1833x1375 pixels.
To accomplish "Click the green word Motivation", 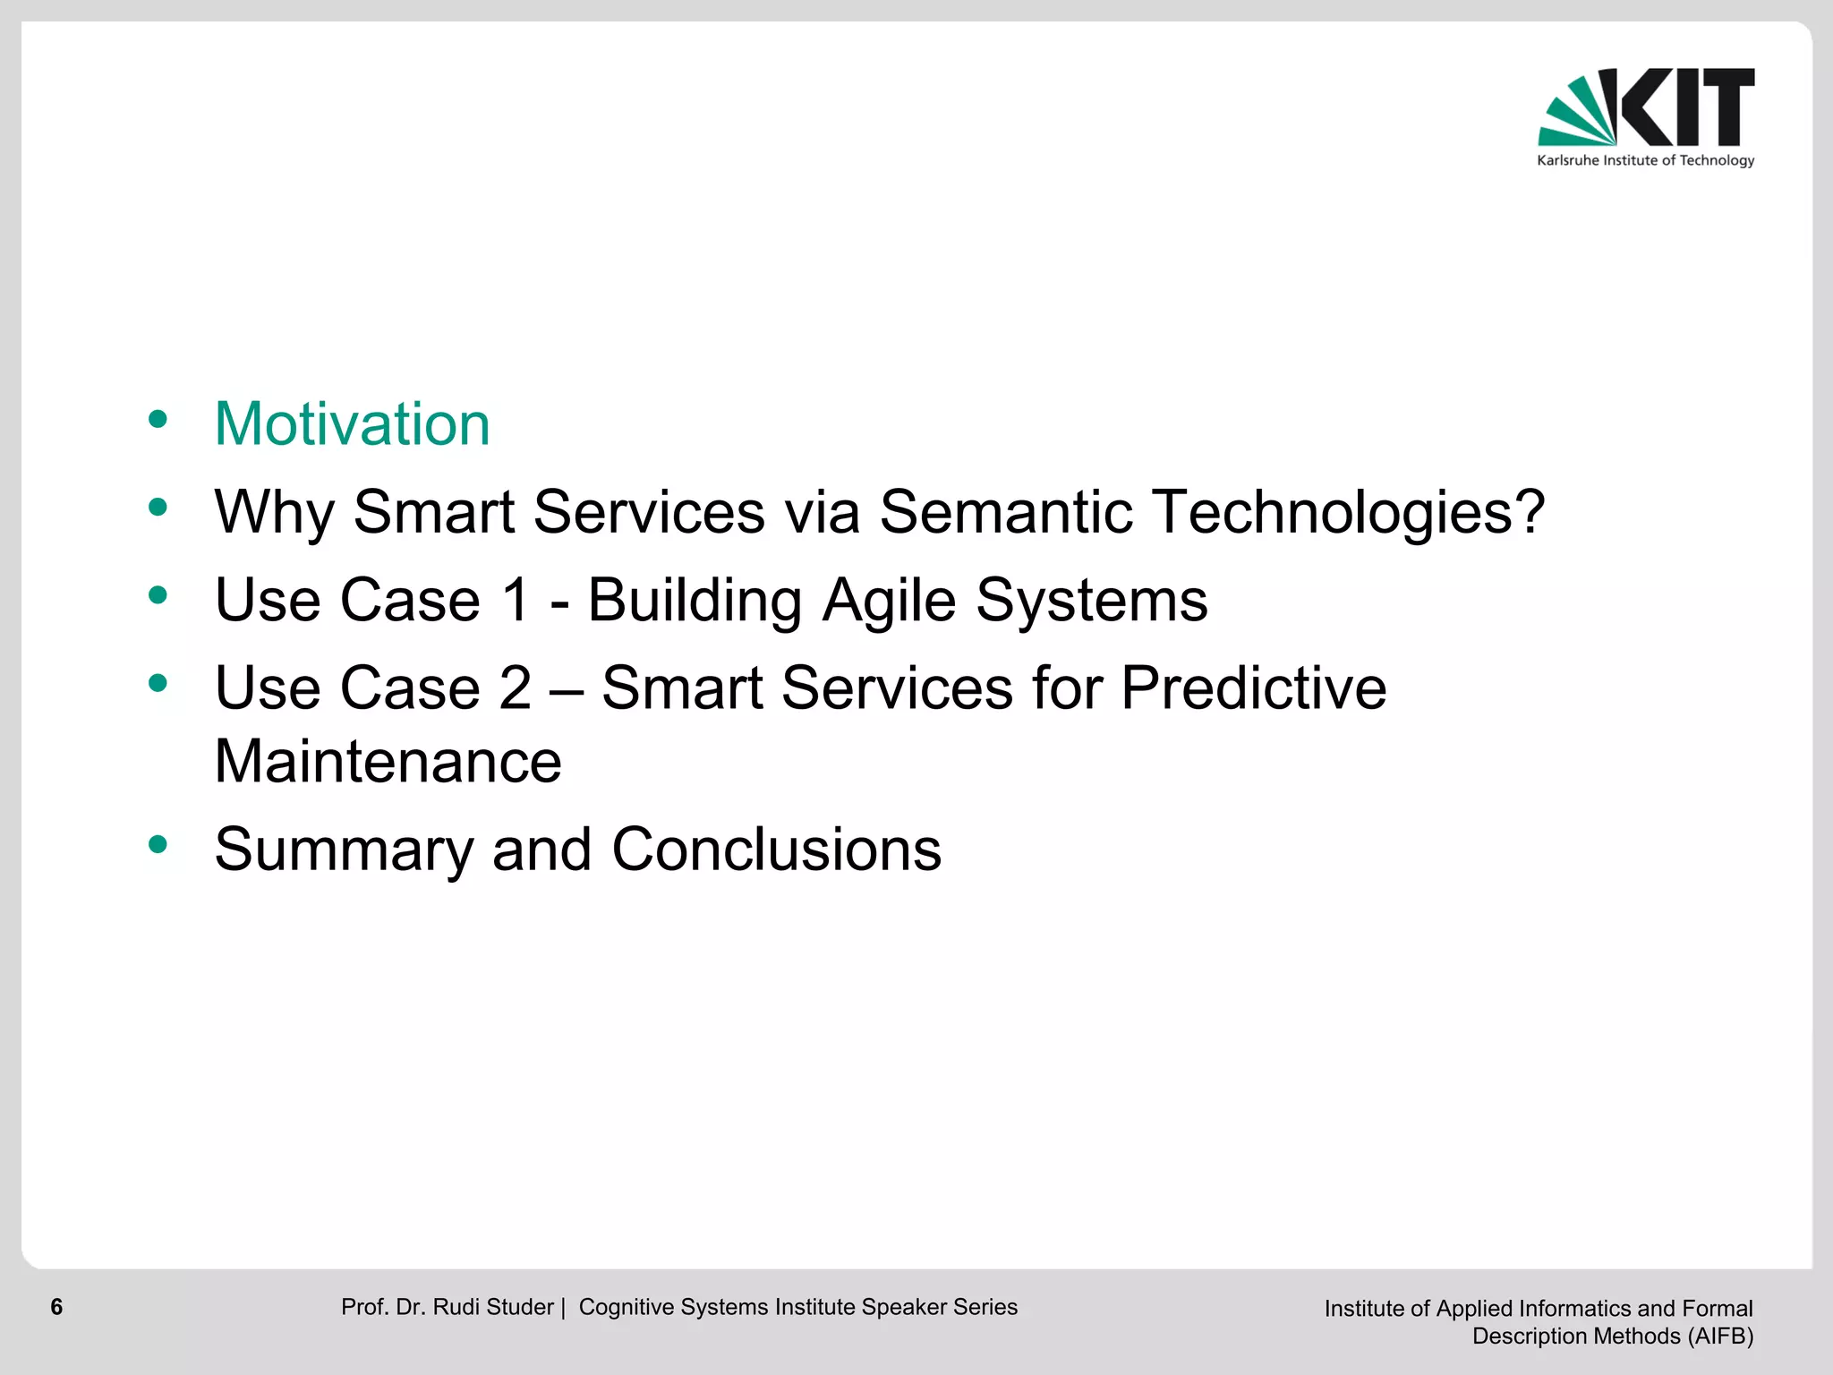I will pos(352,423).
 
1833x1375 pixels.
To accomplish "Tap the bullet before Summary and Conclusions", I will pos(158,843).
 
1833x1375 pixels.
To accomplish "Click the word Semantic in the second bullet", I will pos(1005,512).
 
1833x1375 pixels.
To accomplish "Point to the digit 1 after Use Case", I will pos(516,600).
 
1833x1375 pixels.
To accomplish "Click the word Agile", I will pos(889,602).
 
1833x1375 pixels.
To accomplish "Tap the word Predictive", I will pos(1253,688).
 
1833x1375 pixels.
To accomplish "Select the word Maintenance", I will pos(388,762).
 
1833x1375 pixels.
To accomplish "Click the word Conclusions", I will pos(776,850).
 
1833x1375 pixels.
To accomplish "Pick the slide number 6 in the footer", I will pos(56,1307).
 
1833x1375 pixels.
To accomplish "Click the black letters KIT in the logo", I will pos(1687,107).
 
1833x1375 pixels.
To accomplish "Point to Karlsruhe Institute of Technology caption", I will pos(1645,161).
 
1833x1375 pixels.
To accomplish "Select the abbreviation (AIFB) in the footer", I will pos(1720,1337).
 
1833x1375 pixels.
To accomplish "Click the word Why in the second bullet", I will pos(273,514).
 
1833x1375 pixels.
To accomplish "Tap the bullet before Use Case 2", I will pos(158,684).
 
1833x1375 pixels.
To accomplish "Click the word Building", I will pos(695,602).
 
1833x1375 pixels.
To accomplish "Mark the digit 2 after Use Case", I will pos(516,688).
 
